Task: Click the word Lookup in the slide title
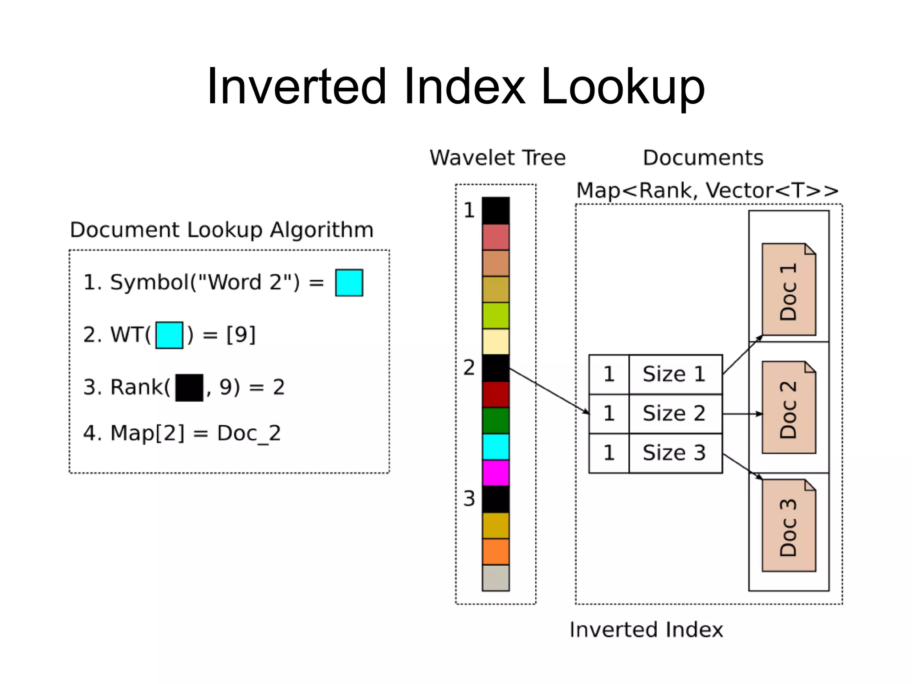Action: tap(623, 87)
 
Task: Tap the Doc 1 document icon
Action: tap(789, 289)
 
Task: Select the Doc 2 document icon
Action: tap(789, 407)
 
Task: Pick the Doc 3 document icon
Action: tap(789, 525)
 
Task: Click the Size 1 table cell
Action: tap(674, 374)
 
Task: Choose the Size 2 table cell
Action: tap(674, 413)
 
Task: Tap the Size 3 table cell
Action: tap(674, 453)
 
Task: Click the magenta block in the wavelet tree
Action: tap(496, 472)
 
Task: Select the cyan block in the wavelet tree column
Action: tap(496, 447)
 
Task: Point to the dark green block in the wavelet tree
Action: tap(496, 420)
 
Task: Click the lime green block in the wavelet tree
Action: tap(496, 315)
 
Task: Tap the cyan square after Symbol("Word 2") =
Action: tap(349, 283)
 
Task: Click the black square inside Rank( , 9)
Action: tap(189, 387)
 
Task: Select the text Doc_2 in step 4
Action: tap(249, 433)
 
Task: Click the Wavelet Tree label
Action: tap(497, 158)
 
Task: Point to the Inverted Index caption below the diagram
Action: tap(646, 630)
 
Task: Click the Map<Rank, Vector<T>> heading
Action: tap(707, 191)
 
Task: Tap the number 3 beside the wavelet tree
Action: tap(469, 499)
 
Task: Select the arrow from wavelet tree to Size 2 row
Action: tap(549, 391)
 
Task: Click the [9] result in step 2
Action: tap(241, 335)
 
